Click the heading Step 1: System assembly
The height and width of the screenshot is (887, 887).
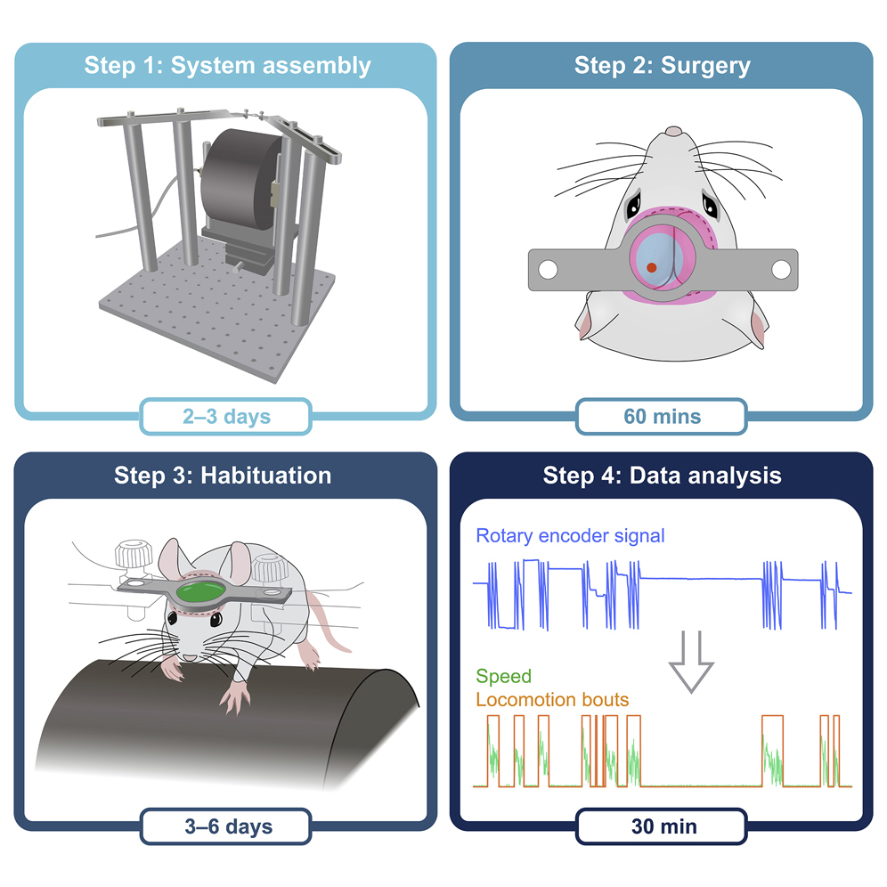(227, 65)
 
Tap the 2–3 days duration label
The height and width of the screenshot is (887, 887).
(225, 416)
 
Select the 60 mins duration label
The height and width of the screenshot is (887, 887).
(662, 416)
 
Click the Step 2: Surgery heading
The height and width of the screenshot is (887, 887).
(662, 65)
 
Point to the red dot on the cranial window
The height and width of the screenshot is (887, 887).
(652, 266)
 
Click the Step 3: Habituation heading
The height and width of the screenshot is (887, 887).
(223, 475)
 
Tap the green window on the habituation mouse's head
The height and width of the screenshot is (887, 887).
(200, 591)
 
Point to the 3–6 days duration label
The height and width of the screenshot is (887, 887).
(225, 826)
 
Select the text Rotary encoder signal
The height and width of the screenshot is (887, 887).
(570, 536)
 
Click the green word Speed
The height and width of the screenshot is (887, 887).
(504, 678)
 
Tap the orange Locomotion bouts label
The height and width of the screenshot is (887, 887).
(552, 700)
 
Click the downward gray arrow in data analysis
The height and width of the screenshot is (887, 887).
(691, 659)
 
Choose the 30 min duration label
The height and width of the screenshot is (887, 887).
(662, 826)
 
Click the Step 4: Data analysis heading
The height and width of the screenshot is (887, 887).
(662, 475)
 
